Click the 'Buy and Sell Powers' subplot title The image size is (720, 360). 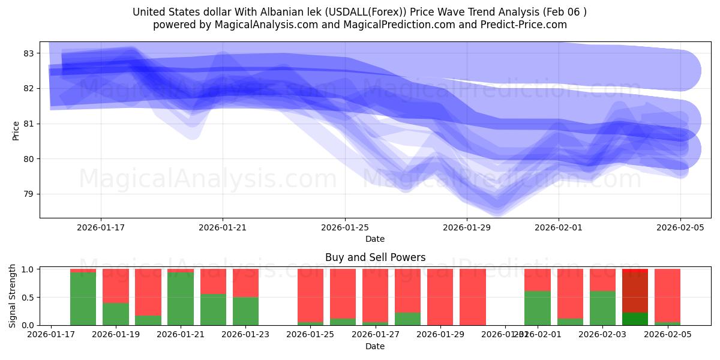tap(375, 257)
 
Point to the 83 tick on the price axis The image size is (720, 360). tap(28, 53)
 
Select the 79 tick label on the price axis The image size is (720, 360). tap(28, 194)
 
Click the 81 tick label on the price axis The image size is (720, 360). tap(28, 124)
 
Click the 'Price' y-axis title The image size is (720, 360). tap(16, 130)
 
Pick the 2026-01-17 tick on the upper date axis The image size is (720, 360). tap(100, 227)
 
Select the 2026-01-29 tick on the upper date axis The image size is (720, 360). tap(467, 227)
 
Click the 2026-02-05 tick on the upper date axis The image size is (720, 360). tap(680, 227)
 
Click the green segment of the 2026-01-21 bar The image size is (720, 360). tap(181, 299)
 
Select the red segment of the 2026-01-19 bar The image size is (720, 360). tap(116, 286)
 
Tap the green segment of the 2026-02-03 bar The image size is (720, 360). tap(602, 308)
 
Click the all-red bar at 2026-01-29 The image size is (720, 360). tap(440, 297)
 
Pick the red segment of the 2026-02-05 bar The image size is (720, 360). tap(667, 295)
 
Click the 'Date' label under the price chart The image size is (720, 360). tap(375, 239)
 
